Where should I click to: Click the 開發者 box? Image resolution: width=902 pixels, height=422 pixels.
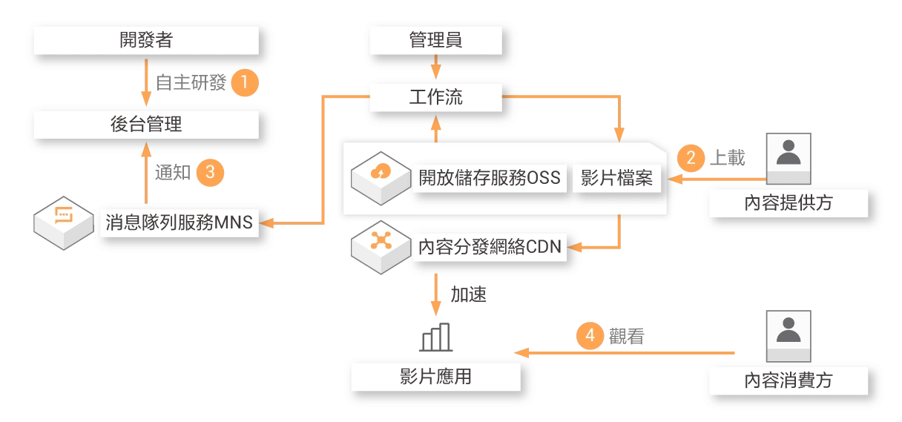(146, 40)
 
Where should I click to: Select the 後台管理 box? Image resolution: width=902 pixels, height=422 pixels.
(146, 125)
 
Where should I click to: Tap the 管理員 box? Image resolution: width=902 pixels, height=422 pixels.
(435, 40)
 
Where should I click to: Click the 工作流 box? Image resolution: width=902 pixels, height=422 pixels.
(435, 97)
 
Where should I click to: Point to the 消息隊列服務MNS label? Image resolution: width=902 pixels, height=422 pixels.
(180, 222)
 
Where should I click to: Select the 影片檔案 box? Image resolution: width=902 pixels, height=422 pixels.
(616, 178)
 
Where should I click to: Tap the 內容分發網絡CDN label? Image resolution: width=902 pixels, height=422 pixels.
(490, 247)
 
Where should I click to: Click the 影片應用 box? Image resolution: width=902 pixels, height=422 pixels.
(435, 377)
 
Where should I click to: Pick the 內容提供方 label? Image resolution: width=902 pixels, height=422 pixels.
(789, 202)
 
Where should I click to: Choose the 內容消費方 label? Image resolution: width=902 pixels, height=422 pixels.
(789, 380)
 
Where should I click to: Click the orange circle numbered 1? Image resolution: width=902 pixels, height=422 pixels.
(245, 82)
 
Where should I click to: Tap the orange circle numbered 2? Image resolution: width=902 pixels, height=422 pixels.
(691, 157)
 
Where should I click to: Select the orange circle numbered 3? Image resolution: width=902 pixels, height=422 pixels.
(210, 173)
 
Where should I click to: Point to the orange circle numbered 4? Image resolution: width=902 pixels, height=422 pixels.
(590, 335)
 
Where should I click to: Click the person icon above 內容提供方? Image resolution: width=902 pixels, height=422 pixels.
(789, 158)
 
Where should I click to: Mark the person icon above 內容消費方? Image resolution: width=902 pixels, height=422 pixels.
(789, 335)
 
